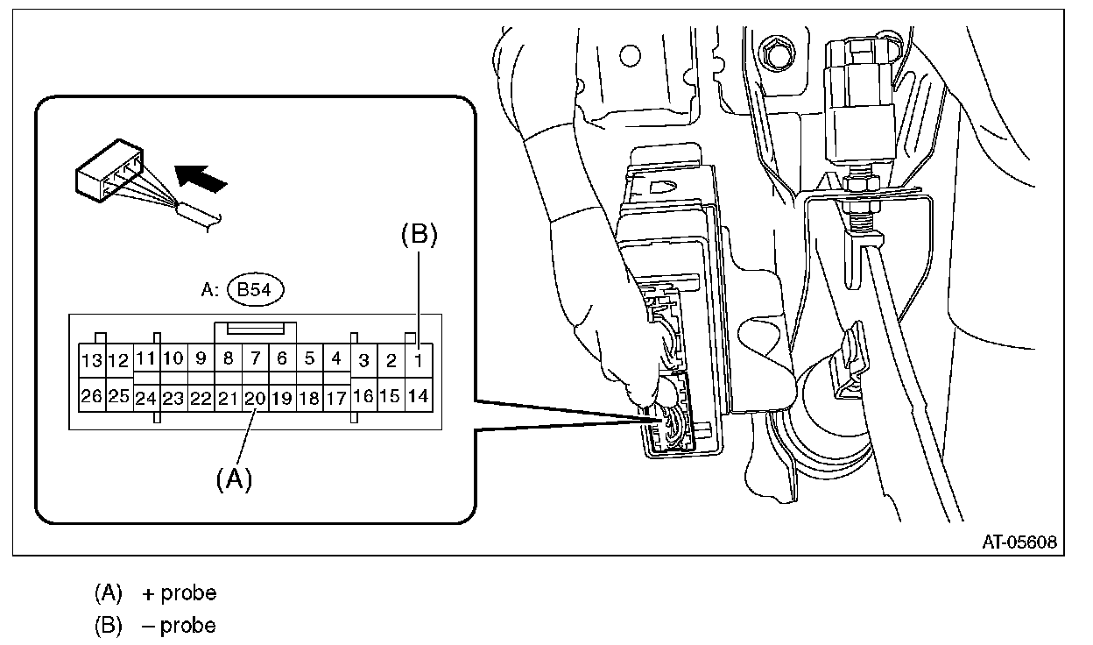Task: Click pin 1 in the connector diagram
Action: click(x=419, y=358)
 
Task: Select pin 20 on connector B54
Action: click(x=255, y=398)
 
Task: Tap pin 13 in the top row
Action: click(x=91, y=360)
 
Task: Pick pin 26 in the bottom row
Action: click(x=91, y=397)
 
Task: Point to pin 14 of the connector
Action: click(x=419, y=396)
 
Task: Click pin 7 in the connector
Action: click(x=255, y=358)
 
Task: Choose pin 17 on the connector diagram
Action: click(x=336, y=398)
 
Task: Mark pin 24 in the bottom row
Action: click(x=146, y=398)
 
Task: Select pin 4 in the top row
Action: click(x=336, y=358)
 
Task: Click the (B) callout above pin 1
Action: click(x=419, y=234)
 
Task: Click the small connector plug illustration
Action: click(x=109, y=180)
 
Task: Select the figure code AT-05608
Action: click(x=1019, y=542)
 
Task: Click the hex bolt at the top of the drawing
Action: click(x=774, y=55)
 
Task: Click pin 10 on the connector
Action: click(x=173, y=358)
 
